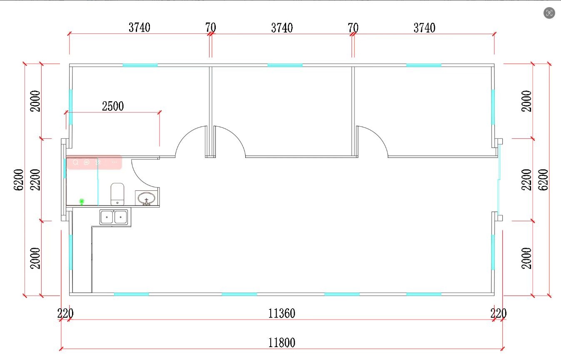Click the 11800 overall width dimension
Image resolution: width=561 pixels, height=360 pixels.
[282, 342]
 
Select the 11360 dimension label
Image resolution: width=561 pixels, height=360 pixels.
[282, 313]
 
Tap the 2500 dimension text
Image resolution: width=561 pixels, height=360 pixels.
[113, 106]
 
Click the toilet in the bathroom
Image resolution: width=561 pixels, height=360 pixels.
[117, 194]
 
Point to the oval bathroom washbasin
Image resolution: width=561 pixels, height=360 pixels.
[147, 198]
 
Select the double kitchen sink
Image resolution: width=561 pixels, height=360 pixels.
[114, 217]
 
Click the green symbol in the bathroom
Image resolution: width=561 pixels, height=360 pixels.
[82, 201]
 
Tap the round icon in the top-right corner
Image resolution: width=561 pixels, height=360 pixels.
[549, 13]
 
